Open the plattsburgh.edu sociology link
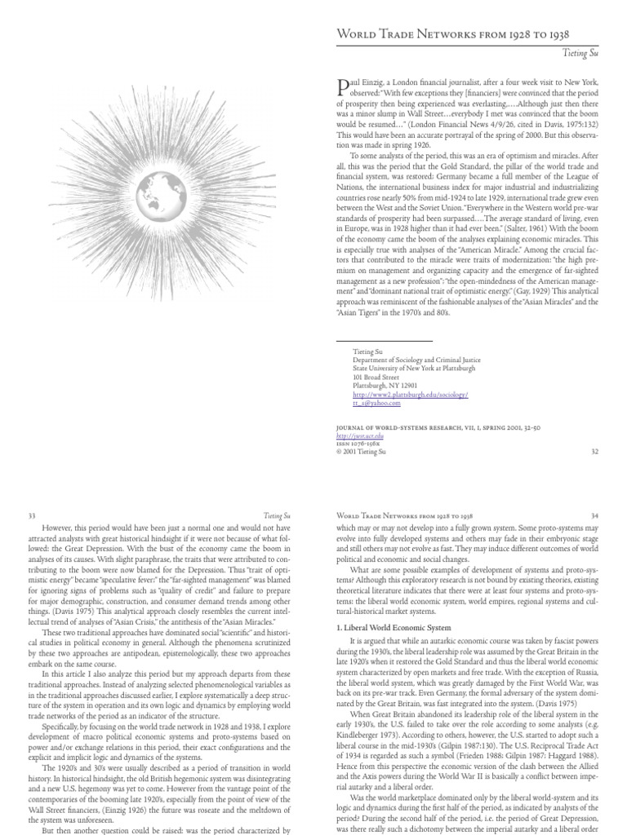point(410,395)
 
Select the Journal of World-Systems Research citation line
point(433,427)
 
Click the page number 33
point(33,515)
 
